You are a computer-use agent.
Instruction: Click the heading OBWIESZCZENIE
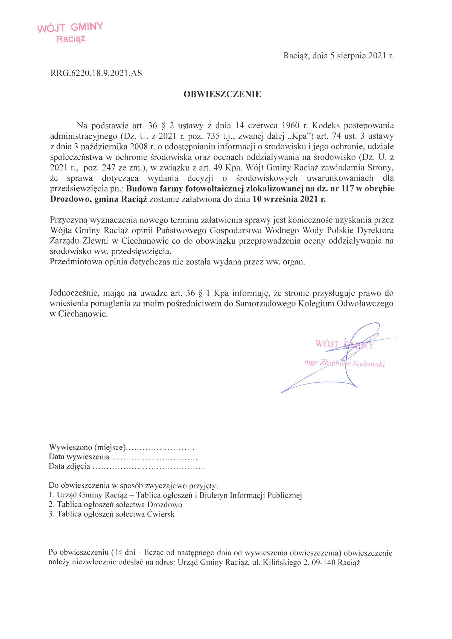[x=222, y=94]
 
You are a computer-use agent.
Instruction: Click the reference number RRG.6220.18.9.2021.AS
[x=96, y=73]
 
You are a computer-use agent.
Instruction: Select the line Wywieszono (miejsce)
[x=121, y=447]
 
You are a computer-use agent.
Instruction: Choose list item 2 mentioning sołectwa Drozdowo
[x=115, y=505]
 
